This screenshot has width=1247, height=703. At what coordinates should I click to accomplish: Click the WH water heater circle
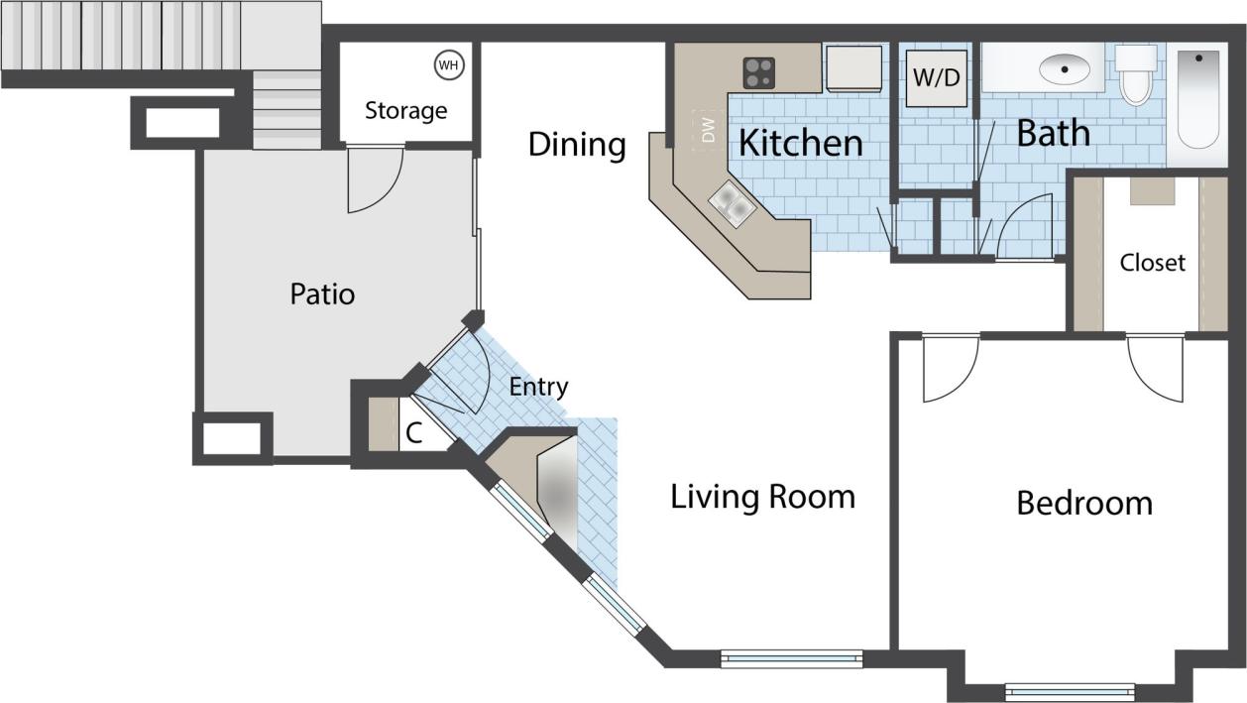pyautogui.click(x=449, y=65)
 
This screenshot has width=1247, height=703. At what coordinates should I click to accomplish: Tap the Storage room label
pyautogui.click(x=405, y=110)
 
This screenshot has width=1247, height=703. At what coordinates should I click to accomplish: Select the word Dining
pyautogui.click(x=576, y=145)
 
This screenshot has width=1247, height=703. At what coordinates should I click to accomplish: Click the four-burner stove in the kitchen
pyautogui.click(x=759, y=72)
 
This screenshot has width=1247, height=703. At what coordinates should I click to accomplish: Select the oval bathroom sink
pyautogui.click(x=1064, y=69)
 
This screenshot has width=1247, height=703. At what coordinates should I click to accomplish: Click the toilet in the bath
pyautogui.click(x=1135, y=75)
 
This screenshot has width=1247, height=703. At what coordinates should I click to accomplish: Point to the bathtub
pyautogui.click(x=1197, y=99)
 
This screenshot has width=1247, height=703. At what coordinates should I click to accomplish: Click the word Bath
pyautogui.click(x=1053, y=133)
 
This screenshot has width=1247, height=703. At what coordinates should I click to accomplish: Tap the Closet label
pyautogui.click(x=1152, y=263)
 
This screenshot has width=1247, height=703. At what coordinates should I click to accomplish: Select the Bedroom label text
pyautogui.click(x=1084, y=503)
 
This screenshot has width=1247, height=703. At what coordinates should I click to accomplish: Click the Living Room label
pyautogui.click(x=762, y=496)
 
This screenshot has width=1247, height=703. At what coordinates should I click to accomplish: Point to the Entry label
pyautogui.click(x=538, y=387)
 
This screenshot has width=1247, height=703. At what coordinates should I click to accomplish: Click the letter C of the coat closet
pyautogui.click(x=415, y=432)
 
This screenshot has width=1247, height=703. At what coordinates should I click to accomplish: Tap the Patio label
pyautogui.click(x=322, y=294)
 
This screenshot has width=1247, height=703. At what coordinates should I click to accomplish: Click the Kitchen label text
pyautogui.click(x=801, y=143)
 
